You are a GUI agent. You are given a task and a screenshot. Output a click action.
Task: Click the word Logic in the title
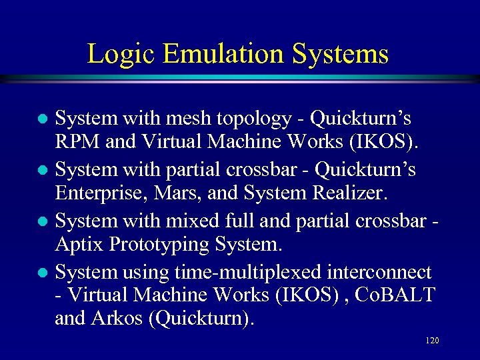pyautogui.click(x=117, y=54)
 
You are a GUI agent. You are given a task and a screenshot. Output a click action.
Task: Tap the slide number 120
pyautogui.click(x=431, y=341)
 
